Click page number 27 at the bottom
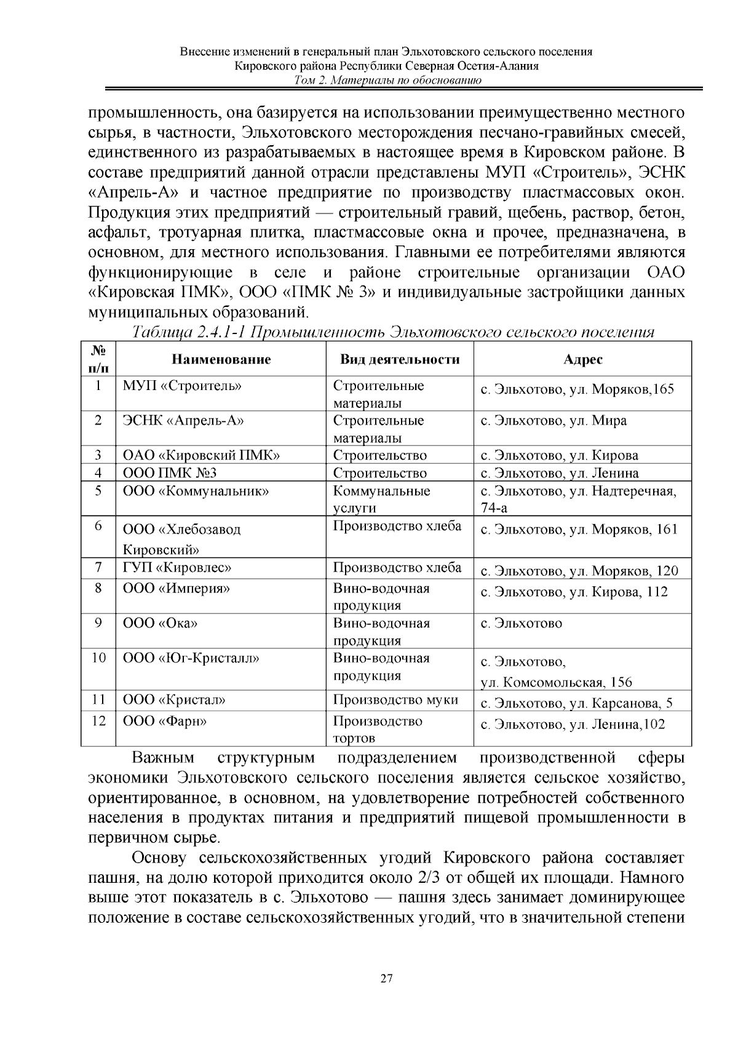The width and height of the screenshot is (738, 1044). (x=387, y=979)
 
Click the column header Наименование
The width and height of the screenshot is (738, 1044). (x=221, y=359)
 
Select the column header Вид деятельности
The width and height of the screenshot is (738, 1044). (x=400, y=359)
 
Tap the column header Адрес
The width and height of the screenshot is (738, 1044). (x=582, y=359)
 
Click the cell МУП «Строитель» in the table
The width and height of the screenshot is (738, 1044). (x=182, y=386)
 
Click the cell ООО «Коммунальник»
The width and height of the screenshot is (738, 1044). (x=196, y=491)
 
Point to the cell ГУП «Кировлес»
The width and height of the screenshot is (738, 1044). (x=177, y=567)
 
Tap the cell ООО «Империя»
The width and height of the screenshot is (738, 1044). (x=177, y=588)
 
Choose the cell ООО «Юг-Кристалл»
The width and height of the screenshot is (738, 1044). (x=191, y=658)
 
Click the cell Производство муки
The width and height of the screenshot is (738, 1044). (x=395, y=699)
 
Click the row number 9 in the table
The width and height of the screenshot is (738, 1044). (x=98, y=623)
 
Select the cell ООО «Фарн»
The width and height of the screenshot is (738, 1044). (x=165, y=721)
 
